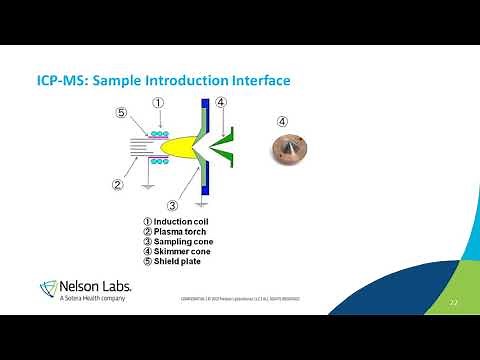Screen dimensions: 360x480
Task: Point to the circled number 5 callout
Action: [x=121, y=113]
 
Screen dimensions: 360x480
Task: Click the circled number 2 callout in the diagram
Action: [x=117, y=183]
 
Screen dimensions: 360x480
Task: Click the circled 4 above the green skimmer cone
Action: [x=221, y=103]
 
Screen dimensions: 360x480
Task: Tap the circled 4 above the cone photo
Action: [x=282, y=122]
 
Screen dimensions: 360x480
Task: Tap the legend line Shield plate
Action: [x=175, y=261]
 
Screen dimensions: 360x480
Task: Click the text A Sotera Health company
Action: [x=96, y=298]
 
